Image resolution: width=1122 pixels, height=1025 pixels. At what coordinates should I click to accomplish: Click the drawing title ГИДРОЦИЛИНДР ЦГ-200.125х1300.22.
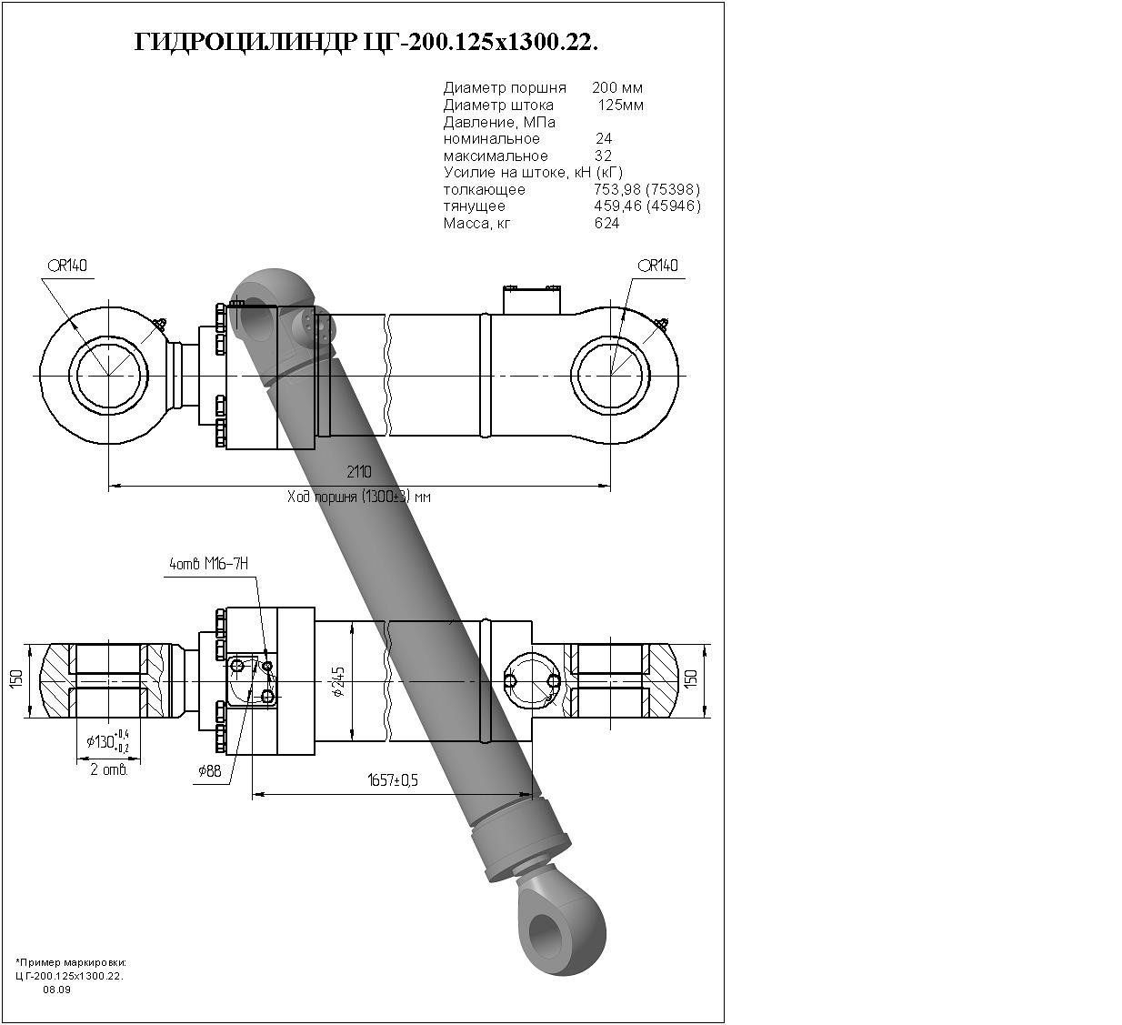pos(366,43)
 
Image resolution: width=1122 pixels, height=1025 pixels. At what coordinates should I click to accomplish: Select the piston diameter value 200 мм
pos(617,88)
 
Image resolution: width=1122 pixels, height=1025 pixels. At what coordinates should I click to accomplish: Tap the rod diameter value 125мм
pos(620,106)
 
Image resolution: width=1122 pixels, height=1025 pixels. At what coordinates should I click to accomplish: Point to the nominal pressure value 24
pos(604,139)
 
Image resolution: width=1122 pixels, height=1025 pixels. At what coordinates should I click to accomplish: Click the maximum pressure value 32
pos(603,156)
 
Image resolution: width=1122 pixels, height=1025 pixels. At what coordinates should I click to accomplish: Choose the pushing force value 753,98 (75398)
pos(646,190)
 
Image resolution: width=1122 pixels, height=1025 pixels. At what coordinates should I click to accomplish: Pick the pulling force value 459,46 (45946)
pos(646,206)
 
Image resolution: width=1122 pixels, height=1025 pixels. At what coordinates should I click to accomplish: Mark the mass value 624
pos(606,224)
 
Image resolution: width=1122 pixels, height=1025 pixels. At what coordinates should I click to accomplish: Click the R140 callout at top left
pos(68,266)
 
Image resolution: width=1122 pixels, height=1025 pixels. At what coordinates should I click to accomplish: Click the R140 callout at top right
pos(658,266)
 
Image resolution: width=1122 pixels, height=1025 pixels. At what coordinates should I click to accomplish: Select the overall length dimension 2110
pos(359,472)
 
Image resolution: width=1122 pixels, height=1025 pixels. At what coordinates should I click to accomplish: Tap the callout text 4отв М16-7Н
pos(208,565)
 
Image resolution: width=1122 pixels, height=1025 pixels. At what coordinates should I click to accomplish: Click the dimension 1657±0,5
pos(392,780)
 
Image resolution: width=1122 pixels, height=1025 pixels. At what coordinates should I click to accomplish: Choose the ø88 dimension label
pos(209,771)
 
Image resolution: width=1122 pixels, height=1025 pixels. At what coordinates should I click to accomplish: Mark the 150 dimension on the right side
pos(691,678)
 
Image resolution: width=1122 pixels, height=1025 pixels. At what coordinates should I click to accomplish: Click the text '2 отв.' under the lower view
pos(109,769)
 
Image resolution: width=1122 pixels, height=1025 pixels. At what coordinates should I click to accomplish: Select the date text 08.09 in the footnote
pos(56,990)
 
